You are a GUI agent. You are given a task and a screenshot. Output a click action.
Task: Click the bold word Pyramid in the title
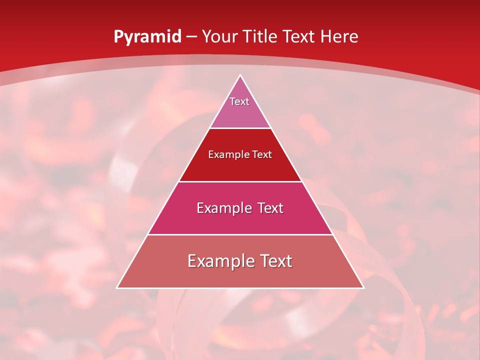147,37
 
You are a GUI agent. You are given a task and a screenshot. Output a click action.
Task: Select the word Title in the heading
261,37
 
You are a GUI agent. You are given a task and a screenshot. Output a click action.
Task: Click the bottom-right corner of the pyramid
363,287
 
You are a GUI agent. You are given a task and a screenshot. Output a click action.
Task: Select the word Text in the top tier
239,101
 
